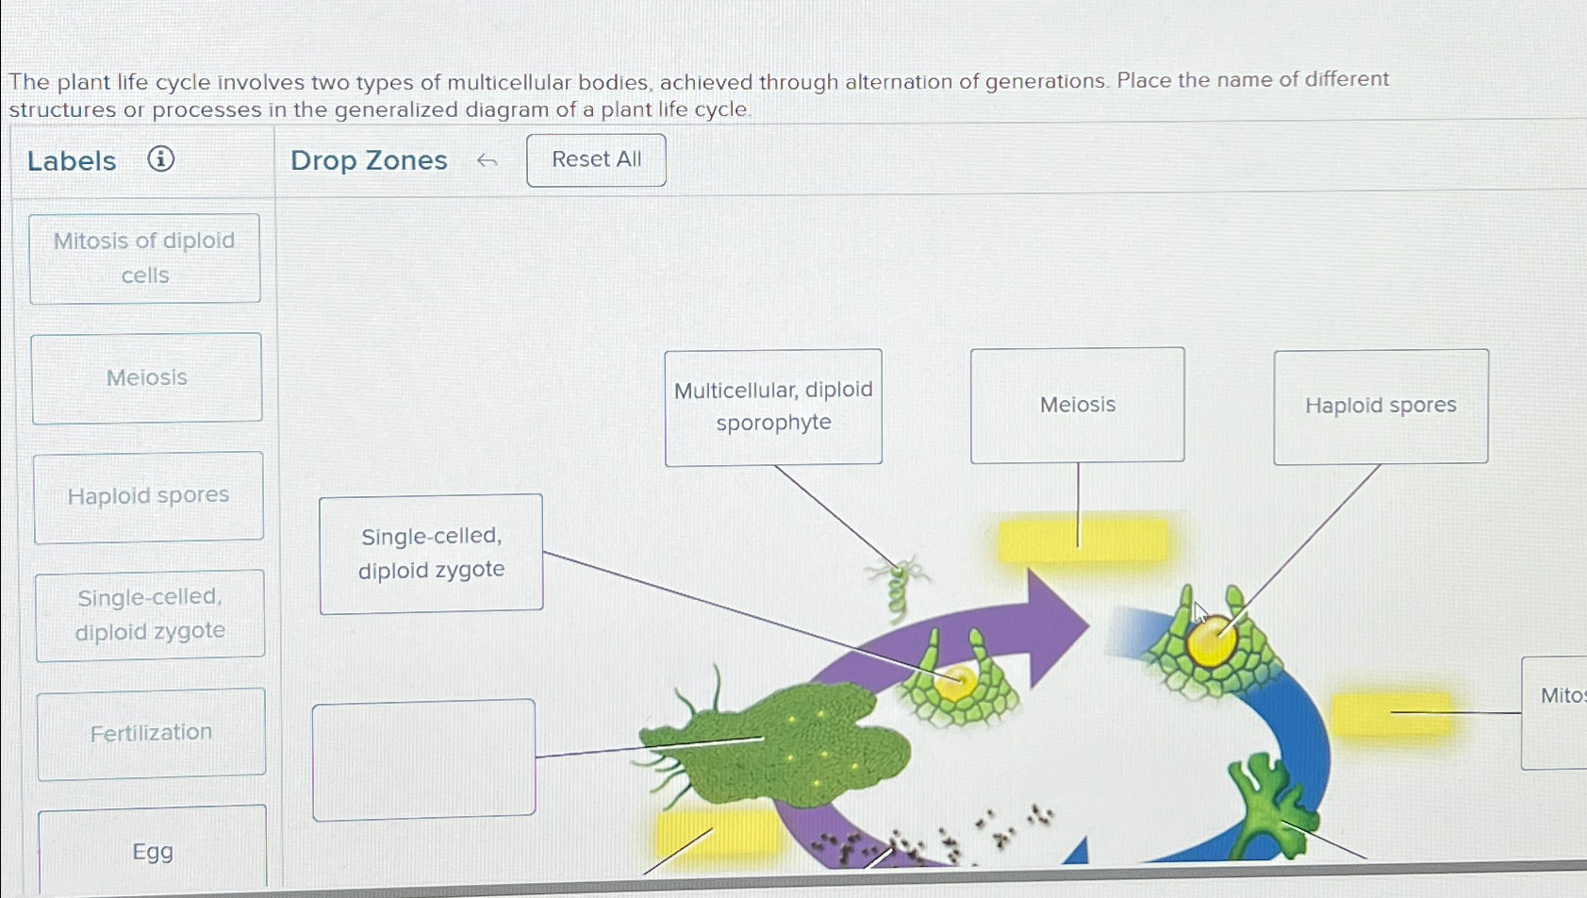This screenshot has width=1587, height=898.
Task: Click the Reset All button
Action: (x=596, y=159)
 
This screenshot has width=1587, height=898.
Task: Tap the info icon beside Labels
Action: (x=161, y=158)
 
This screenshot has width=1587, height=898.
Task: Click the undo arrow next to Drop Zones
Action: (x=487, y=161)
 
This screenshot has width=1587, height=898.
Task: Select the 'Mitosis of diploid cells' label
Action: (x=145, y=258)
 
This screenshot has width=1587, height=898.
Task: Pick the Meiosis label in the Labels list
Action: (x=147, y=377)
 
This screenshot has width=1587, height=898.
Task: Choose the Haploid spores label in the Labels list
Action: (x=149, y=496)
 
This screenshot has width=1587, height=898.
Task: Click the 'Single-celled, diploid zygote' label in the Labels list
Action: (x=150, y=614)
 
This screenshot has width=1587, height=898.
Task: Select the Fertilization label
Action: (x=151, y=733)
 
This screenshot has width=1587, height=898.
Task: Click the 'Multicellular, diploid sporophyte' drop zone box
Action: (x=773, y=407)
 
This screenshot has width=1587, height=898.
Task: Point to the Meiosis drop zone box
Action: (x=1077, y=405)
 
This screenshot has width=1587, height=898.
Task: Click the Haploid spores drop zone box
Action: (x=1380, y=406)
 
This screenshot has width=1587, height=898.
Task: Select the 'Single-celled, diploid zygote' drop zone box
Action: (x=431, y=553)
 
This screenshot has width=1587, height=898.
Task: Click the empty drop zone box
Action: (x=423, y=759)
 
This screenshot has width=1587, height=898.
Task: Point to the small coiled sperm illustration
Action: (x=899, y=590)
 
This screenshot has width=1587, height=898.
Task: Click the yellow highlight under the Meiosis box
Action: (x=1082, y=540)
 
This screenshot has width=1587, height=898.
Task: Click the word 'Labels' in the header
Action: (x=72, y=161)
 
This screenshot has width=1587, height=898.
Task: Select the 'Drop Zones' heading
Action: (x=369, y=160)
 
